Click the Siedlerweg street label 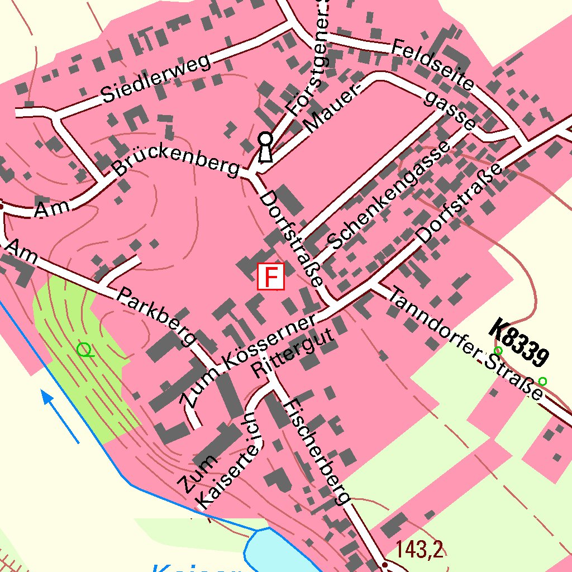(x=157, y=79)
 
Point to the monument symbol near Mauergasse (x=265, y=147)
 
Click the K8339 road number (x=520, y=342)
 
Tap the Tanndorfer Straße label (x=466, y=343)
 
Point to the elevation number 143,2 (x=420, y=550)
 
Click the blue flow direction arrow (x=60, y=416)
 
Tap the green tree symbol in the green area (x=84, y=350)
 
